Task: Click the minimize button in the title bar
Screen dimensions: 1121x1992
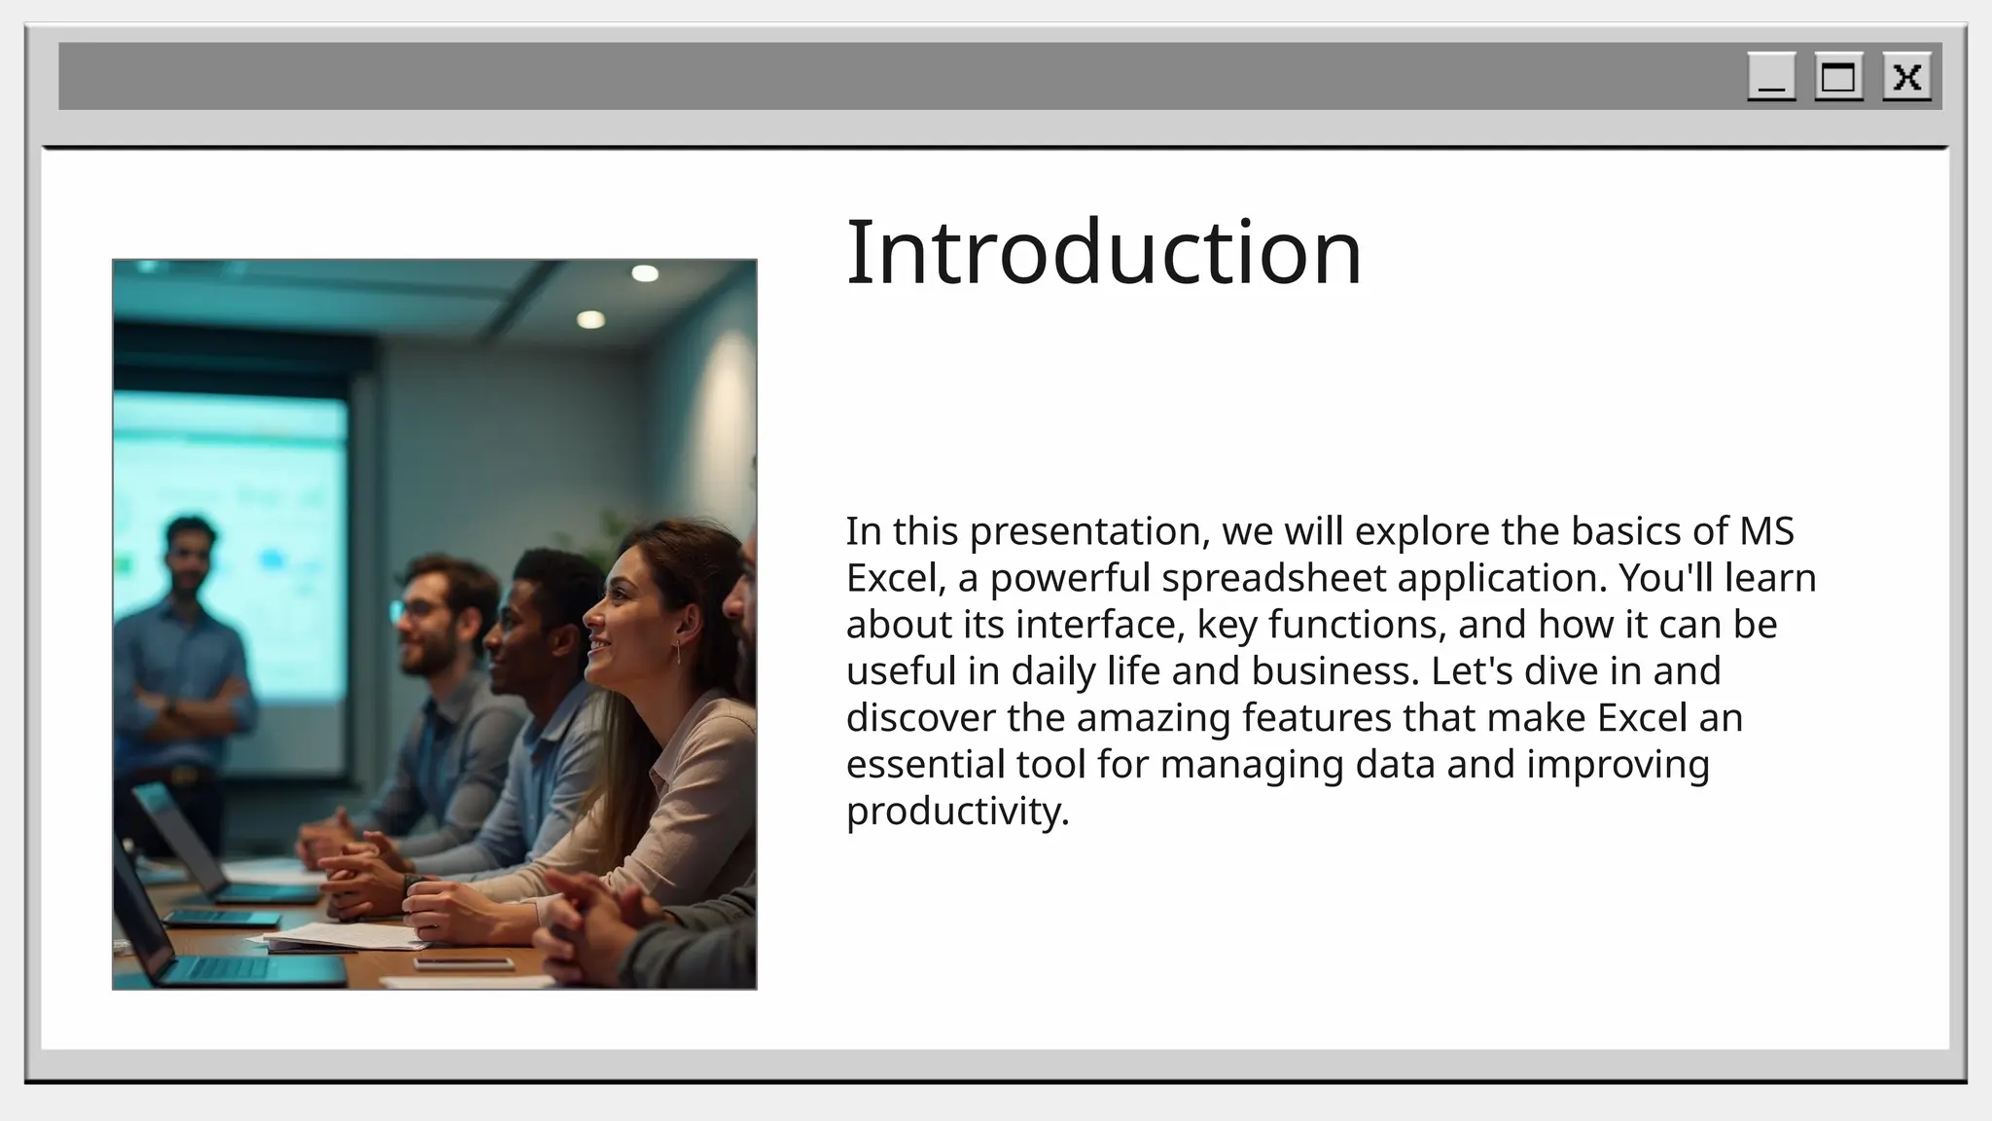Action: tap(1771, 77)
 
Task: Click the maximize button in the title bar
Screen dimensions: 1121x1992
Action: tap(1838, 77)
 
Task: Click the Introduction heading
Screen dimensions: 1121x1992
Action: tap(1104, 252)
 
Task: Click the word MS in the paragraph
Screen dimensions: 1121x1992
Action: tap(1766, 531)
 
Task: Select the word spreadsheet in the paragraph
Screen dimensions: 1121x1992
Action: tap(1273, 578)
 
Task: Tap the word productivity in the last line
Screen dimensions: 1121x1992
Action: tap(956, 811)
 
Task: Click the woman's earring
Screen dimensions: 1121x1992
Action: tap(677, 650)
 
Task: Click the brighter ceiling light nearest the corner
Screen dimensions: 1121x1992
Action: tap(645, 273)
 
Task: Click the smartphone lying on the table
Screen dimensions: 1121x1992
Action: tap(463, 963)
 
